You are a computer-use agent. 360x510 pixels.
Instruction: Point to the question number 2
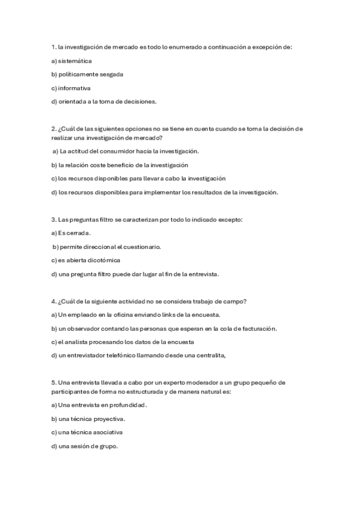(x=54, y=129)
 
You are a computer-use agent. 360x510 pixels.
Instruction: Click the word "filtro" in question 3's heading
(x=106, y=220)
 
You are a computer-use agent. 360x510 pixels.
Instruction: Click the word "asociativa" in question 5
(x=102, y=432)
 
